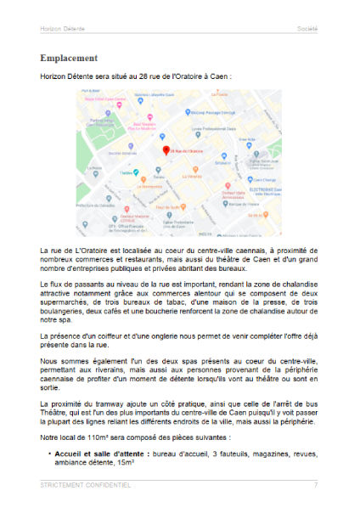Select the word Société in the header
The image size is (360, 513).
pyautogui.click(x=307, y=28)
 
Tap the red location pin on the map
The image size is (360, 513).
pyautogui.click(x=166, y=149)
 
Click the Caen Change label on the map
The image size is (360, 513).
pyautogui.click(x=257, y=180)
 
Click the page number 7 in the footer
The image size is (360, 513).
pyautogui.click(x=315, y=485)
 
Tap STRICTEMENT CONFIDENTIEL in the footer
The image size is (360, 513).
pyautogui.click(x=86, y=485)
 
